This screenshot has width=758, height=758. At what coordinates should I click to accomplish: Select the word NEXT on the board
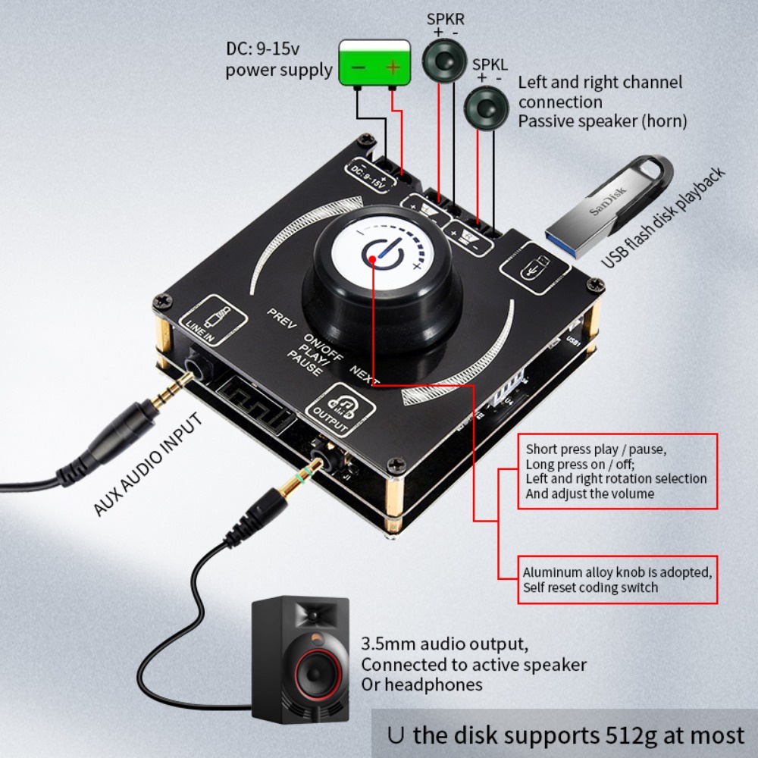click(x=365, y=371)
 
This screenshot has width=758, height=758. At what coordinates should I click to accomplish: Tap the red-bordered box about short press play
click(x=616, y=471)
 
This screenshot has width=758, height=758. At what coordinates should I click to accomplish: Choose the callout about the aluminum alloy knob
click(x=616, y=580)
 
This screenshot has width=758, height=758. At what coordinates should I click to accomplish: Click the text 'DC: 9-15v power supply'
click(x=279, y=60)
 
